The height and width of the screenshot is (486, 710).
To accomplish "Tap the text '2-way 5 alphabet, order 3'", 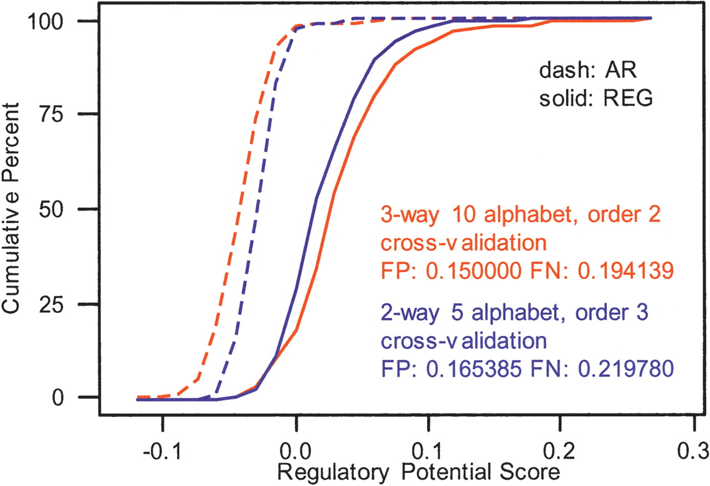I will [x=515, y=313].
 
